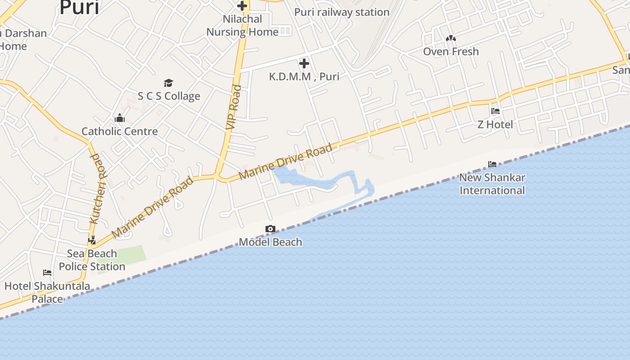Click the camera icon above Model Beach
pyautogui.click(x=270, y=229)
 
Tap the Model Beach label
pyautogui.click(x=270, y=242)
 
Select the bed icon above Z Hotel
pyautogui.click(x=495, y=111)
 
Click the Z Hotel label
pyautogui.click(x=495, y=124)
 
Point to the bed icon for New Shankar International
pyautogui.click(x=492, y=164)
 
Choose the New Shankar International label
pyautogui.click(x=492, y=184)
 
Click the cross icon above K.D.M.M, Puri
pyautogui.click(x=304, y=63)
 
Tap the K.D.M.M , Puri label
pyautogui.click(x=304, y=76)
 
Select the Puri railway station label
pyautogui.click(x=342, y=12)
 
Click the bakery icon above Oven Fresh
pyautogui.click(x=451, y=39)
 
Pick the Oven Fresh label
pyautogui.click(x=451, y=51)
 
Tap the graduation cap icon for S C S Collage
pyautogui.click(x=168, y=83)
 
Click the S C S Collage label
pyautogui.click(x=169, y=96)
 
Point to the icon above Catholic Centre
pyautogui.click(x=120, y=118)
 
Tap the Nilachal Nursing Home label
pyautogui.click(x=243, y=26)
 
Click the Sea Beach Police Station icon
pyautogui.click(x=92, y=240)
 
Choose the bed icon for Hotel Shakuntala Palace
pyautogui.click(x=47, y=273)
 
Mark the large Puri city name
pyautogui.click(x=79, y=8)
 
